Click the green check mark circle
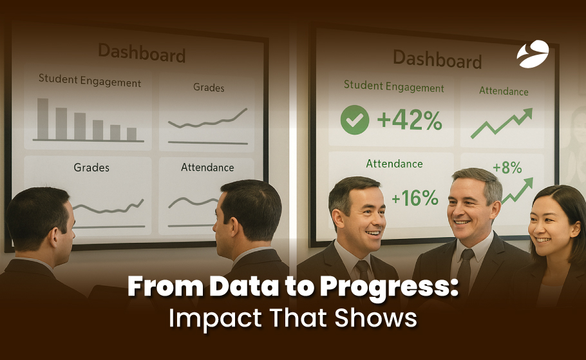point(355,120)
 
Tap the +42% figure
point(410,120)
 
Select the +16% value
point(415,198)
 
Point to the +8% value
point(507,168)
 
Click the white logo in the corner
point(533,54)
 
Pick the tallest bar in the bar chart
point(43,119)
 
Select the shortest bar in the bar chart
point(131,134)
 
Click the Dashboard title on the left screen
point(142,52)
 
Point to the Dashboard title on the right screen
point(437,59)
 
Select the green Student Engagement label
point(394,86)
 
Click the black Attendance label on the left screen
point(207,167)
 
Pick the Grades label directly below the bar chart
point(91,167)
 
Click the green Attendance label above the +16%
point(394,164)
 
